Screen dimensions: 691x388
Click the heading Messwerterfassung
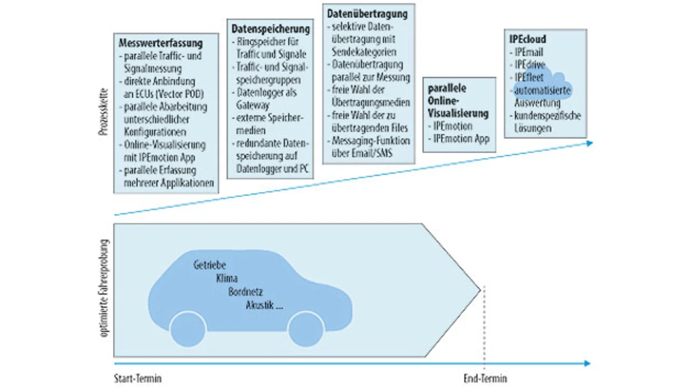point(161,43)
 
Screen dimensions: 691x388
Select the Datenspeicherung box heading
point(270,29)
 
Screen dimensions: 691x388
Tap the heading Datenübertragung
point(368,14)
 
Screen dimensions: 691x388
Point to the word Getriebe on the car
point(210,265)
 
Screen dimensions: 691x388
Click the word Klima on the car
point(227,278)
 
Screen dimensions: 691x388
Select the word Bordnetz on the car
point(246,292)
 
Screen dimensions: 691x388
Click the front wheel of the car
point(306,329)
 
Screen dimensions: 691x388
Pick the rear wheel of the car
point(188,329)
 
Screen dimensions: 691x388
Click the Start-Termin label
point(138,378)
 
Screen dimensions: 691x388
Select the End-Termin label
point(485,378)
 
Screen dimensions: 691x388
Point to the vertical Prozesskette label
point(104,112)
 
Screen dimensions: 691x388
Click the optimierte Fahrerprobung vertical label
point(105,288)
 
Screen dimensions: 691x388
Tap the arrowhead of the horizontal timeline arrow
point(587,364)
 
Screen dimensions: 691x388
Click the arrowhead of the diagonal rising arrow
point(590,144)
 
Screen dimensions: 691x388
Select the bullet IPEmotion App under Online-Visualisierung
point(459,139)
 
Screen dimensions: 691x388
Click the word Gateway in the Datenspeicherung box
point(253,105)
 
